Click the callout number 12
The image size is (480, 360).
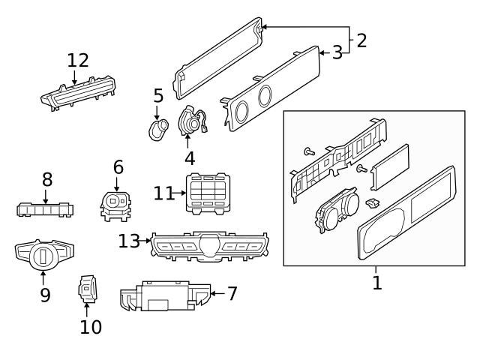pyautogui.click(x=77, y=60)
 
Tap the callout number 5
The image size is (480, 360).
pyautogui.click(x=158, y=96)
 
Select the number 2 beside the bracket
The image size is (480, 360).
pyautogui.click(x=361, y=40)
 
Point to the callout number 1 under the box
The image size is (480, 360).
pyautogui.click(x=377, y=283)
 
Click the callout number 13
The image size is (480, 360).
pyautogui.click(x=129, y=241)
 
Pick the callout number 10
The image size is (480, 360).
pyautogui.click(x=90, y=326)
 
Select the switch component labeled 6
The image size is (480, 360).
pyautogui.click(x=115, y=203)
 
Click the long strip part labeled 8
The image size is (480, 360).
pyautogui.click(x=45, y=209)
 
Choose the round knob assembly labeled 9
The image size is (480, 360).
pyautogui.click(x=43, y=255)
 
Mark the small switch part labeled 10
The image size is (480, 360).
pyautogui.click(x=87, y=289)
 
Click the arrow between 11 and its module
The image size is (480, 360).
pyautogui.click(x=180, y=193)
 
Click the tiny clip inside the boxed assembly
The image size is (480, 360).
pyautogui.click(x=371, y=202)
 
